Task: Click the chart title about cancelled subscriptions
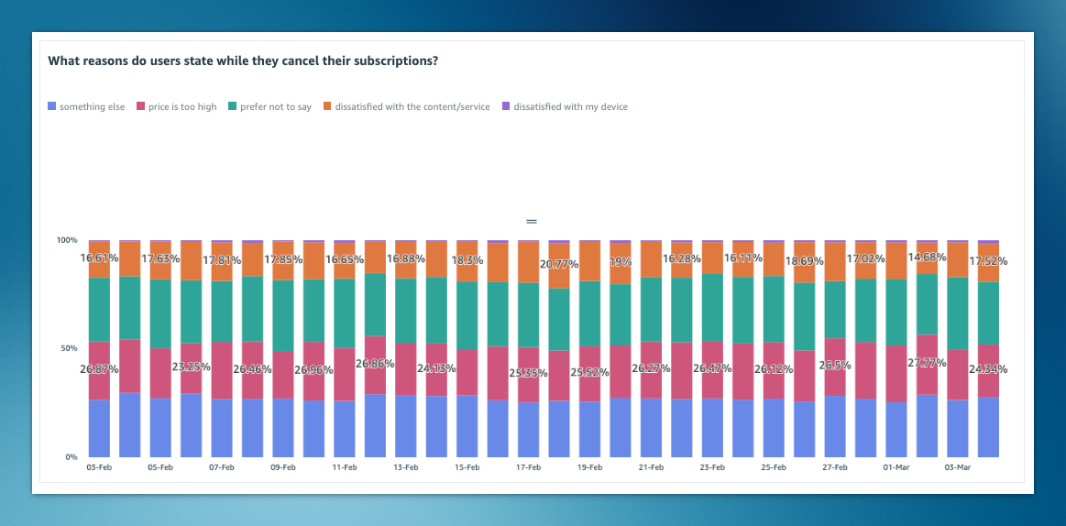[242, 61]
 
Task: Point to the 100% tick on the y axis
[67, 240]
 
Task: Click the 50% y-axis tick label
[69, 348]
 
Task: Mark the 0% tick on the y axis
[71, 456]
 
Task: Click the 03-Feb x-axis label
[99, 467]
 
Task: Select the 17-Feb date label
[528, 467]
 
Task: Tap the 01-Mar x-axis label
[896, 467]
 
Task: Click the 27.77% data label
[928, 363]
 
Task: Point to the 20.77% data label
[558, 264]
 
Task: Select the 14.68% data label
[928, 258]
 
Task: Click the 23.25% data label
[192, 366]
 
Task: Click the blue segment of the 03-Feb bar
[99, 428]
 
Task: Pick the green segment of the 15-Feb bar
[467, 316]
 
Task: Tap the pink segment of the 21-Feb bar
[651, 370]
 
